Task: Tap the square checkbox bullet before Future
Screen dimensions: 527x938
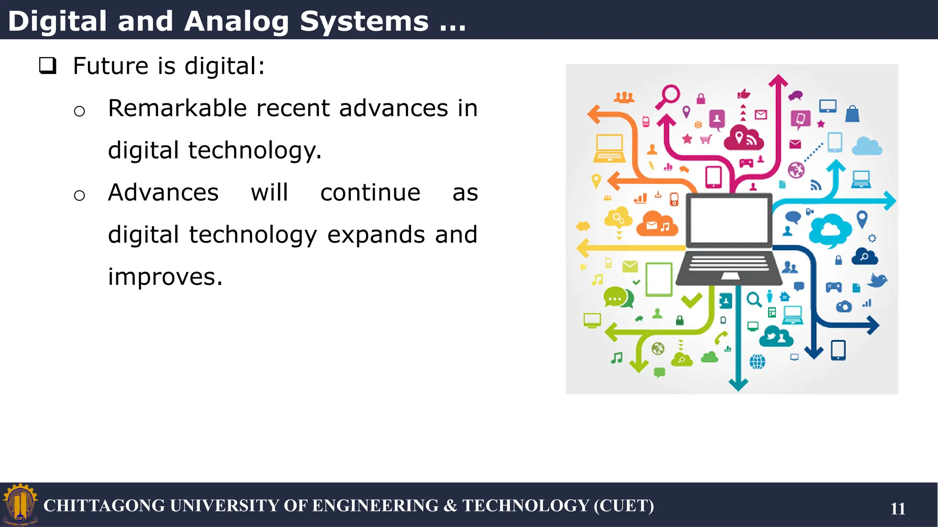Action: (x=48, y=66)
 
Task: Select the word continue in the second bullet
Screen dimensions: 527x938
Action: (x=370, y=193)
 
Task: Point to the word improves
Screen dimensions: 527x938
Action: (x=165, y=277)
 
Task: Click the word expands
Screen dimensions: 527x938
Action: (x=376, y=235)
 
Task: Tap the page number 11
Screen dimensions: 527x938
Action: (x=898, y=509)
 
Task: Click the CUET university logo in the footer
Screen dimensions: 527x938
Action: (x=20, y=505)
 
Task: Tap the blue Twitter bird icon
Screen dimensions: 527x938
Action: (x=877, y=280)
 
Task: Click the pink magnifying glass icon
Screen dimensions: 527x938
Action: (x=669, y=96)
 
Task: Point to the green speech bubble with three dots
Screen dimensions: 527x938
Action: (x=617, y=297)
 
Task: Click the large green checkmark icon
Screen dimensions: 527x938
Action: (x=691, y=300)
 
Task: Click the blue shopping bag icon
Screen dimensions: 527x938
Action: (x=852, y=114)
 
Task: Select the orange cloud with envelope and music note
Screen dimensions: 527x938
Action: (x=657, y=224)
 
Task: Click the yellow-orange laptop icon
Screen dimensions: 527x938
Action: (x=609, y=148)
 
